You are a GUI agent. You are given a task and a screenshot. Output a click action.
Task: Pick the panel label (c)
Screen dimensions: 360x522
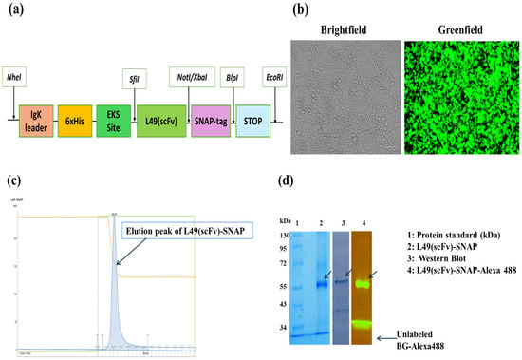pos(13,180)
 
